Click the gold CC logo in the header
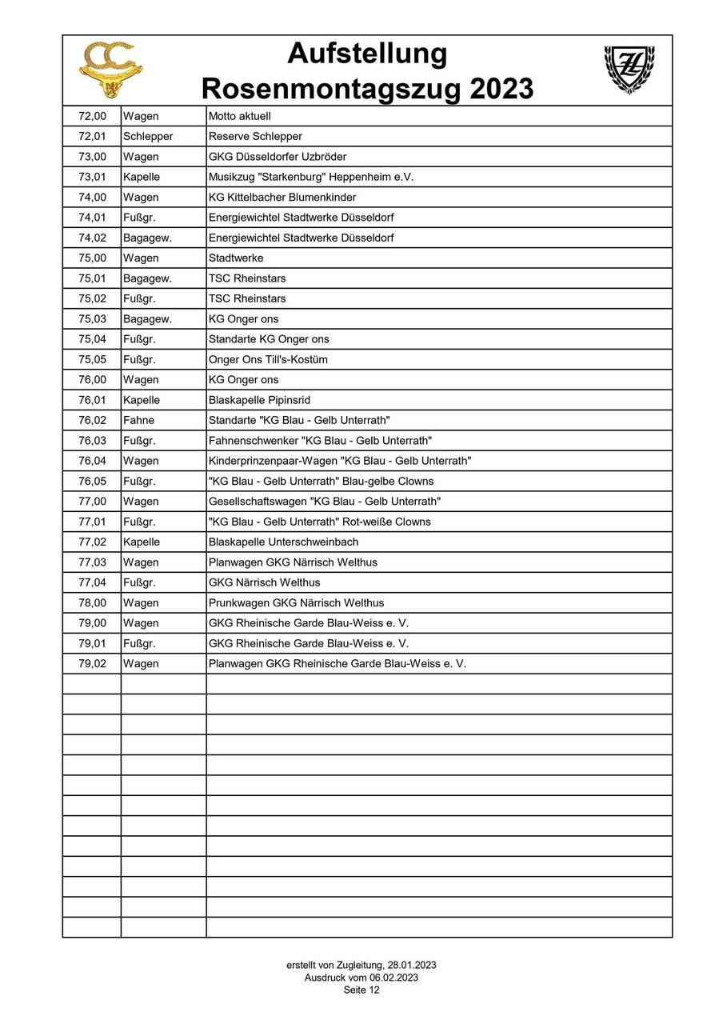(x=110, y=70)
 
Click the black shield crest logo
(x=628, y=69)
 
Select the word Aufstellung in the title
(x=367, y=54)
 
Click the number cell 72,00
(x=92, y=116)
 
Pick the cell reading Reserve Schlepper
(x=255, y=136)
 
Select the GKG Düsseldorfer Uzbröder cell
(x=278, y=157)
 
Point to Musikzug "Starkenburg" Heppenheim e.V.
(x=311, y=177)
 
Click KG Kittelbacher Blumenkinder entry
(x=282, y=197)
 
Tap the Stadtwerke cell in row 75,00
(x=236, y=258)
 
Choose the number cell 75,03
(x=92, y=319)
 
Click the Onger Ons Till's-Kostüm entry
(x=268, y=359)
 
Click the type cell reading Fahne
(x=139, y=420)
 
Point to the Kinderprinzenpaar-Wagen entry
(x=340, y=461)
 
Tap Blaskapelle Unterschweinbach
(x=283, y=542)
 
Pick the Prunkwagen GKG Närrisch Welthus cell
(x=296, y=602)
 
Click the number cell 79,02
(x=92, y=663)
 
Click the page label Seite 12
(x=361, y=990)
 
